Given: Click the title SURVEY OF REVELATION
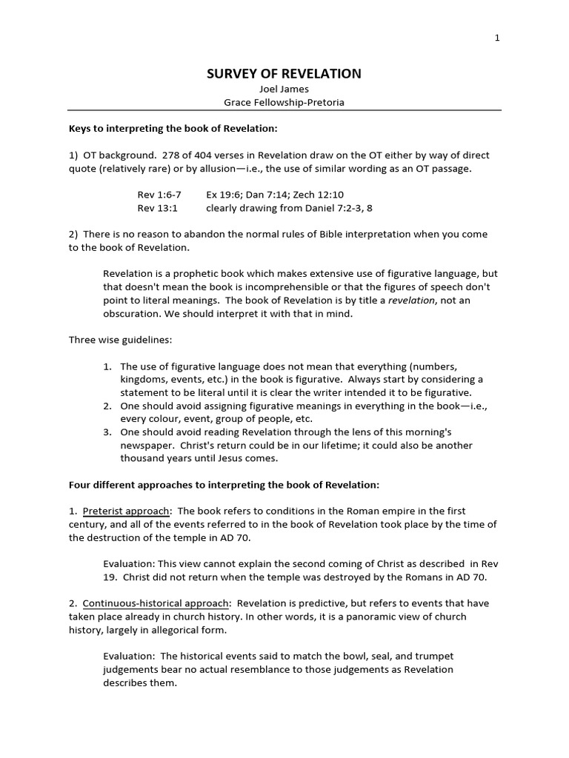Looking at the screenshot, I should pyautogui.click(x=284, y=73).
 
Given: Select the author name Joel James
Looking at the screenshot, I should pyautogui.click(x=284, y=89).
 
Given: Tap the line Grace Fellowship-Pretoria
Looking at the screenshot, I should pyautogui.click(x=284, y=102).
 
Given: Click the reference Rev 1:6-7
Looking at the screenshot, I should pyautogui.click(x=159, y=195).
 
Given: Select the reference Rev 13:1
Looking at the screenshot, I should pyautogui.click(x=154, y=208).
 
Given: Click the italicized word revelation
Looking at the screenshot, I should pyautogui.click(x=413, y=300).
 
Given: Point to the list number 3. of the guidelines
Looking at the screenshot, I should pyautogui.click(x=107, y=432).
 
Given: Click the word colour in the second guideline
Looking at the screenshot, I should pyautogui.click(x=157, y=419).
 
